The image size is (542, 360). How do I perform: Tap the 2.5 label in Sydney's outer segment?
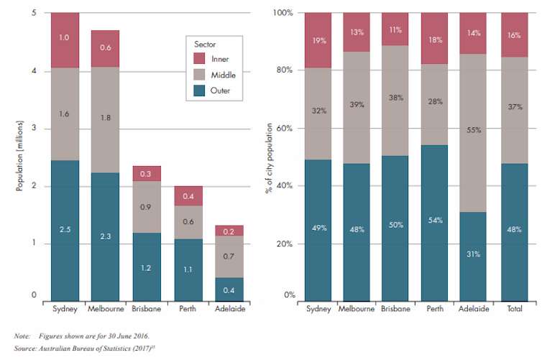click(65, 229)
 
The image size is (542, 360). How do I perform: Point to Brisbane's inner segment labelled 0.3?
click(146, 174)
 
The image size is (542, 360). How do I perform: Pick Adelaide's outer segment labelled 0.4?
click(229, 289)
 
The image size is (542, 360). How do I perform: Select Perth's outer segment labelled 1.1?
click(188, 269)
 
